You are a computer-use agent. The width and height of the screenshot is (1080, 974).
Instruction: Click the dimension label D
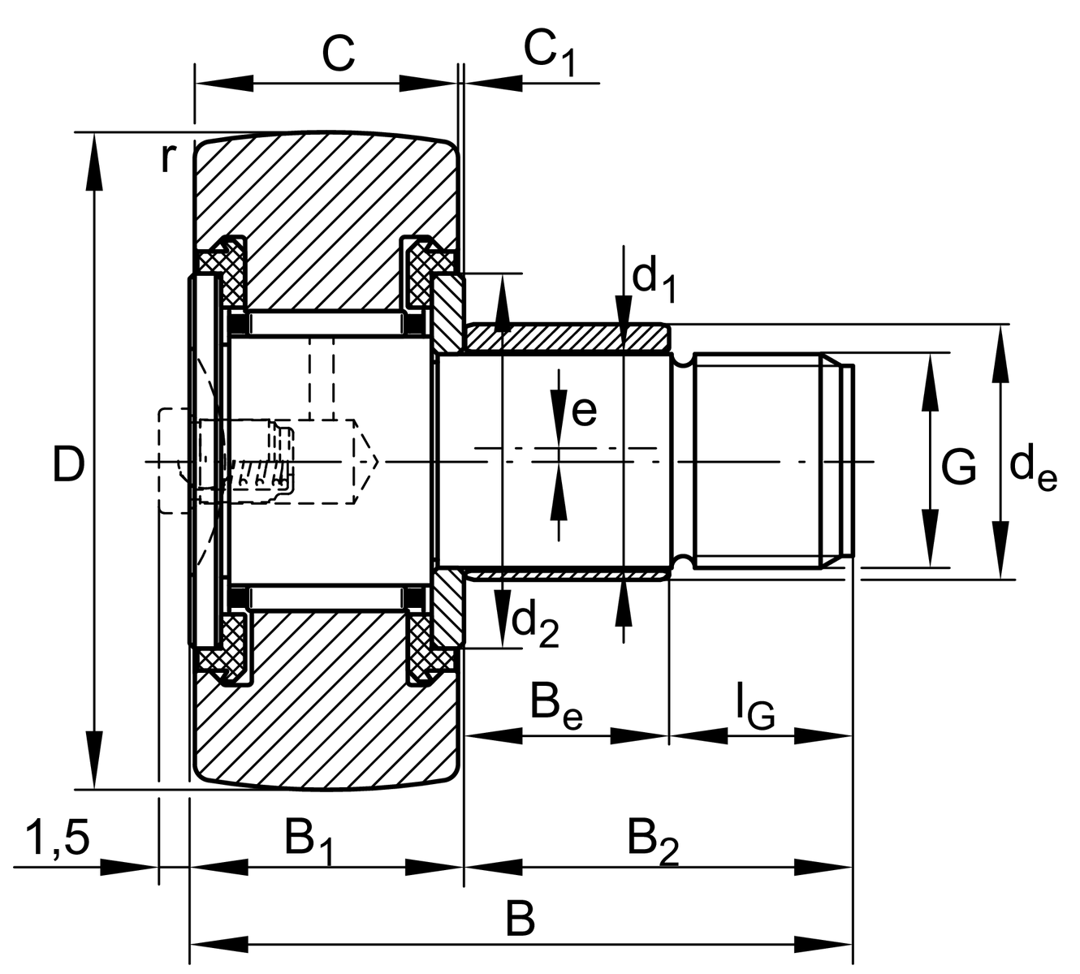click(68, 465)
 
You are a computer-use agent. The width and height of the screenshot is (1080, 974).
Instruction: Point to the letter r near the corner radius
click(166, 158)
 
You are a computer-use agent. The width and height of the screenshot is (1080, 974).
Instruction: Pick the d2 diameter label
click(536, 623)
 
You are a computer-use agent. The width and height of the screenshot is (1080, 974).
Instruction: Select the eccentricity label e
click(584, 412)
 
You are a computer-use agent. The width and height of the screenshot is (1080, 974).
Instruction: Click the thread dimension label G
click(959, 468)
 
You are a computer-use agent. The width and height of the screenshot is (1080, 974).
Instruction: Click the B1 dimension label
click(309, 840)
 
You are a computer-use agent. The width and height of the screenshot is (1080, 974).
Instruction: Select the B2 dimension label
click(653, 840)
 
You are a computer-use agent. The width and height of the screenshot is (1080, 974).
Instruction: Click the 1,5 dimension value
click(57, 838)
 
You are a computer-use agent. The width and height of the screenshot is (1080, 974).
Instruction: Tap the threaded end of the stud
click(763, 461)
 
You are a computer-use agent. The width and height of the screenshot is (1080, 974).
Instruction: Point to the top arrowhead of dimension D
click(95, 162)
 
